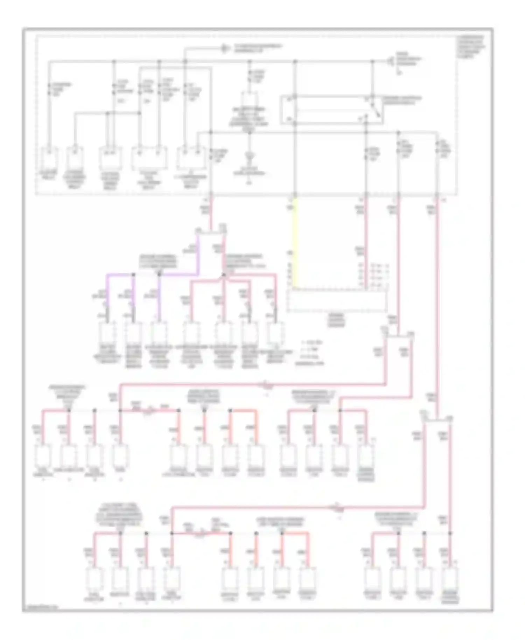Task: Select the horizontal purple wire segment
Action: pyautogui.click(x=133, y=275)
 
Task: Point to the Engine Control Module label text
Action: pyautogui.click(x=336, y=320)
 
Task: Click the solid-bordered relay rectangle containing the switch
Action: pyautogui.click(x=331, y=110)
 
